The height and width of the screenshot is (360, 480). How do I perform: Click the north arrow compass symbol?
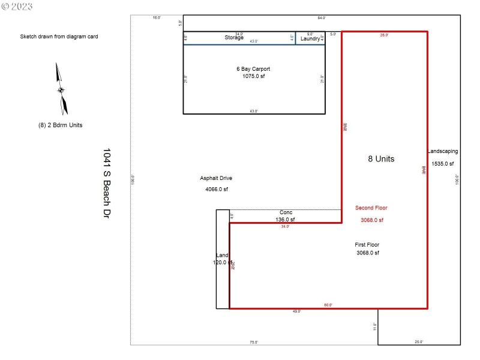(x=61, y=89)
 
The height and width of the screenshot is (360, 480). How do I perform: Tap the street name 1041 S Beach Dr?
(x=107, y=183)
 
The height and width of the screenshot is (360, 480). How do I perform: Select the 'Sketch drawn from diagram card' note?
(x=59, y=37)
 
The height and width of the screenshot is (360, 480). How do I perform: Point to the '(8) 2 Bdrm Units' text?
(x=60, y=125)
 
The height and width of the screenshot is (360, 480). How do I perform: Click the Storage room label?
(x=234, y=38)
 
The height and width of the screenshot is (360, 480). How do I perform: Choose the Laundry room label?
(x=310, y=38)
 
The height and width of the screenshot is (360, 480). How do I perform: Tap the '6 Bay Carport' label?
(x=253, y=69)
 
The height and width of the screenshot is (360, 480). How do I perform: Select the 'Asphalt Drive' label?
(x=216, y=178)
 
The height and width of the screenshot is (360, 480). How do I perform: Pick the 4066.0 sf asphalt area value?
(x=217, y=190)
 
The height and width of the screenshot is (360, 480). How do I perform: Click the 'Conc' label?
(x=286, y=212)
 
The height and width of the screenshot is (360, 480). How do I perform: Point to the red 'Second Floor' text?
(x=371, y=208)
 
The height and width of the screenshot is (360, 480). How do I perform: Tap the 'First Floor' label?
(x=367, y=245)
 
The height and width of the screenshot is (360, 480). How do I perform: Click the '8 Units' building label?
(x=381, y=159)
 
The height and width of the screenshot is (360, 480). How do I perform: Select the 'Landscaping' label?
(x=443, y=152)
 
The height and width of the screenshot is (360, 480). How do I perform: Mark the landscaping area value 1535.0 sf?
(x=443, y=164)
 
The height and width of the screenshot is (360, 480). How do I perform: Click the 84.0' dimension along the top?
(x=322, y=18)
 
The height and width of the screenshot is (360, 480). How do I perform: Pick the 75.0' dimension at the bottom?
(x=254, y=342)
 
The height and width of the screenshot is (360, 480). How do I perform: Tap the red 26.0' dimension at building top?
(x=384, y=35)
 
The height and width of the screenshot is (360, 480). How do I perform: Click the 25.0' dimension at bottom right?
(x=419, y=342)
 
